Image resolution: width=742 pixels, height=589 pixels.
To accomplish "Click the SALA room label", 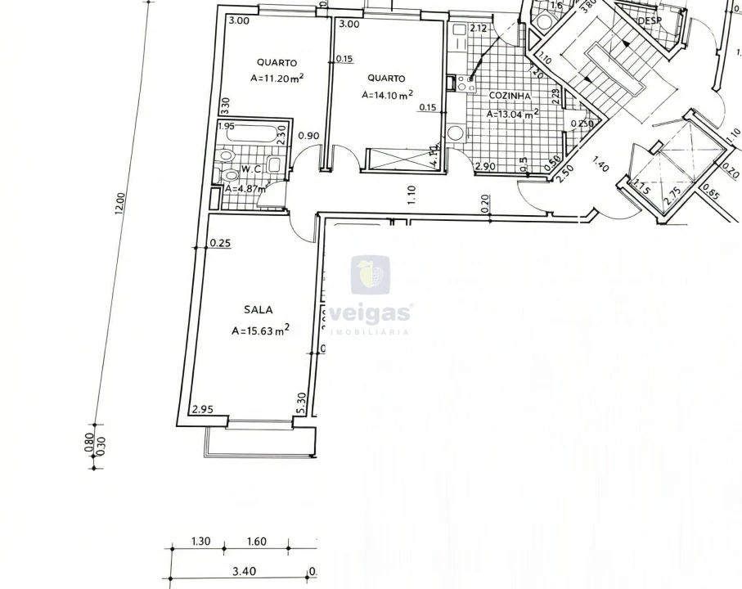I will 258,310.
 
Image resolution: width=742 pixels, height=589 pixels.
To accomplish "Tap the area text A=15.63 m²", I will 261,330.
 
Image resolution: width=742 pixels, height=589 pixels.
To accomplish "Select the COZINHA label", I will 509,96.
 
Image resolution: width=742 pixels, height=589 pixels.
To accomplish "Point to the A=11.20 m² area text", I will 277,79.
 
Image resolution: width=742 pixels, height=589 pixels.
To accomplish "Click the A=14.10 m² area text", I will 387,95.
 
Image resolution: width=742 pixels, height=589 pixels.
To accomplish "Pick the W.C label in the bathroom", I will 250,169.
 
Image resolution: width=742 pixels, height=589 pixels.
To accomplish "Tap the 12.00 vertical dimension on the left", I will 120,204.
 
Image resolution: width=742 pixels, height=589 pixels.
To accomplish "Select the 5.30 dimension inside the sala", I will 302,401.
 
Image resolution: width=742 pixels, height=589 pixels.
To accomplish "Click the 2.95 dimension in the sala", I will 201,409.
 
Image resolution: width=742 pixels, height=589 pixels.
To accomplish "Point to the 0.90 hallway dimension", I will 308,136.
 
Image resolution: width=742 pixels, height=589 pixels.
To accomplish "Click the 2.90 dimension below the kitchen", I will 485,167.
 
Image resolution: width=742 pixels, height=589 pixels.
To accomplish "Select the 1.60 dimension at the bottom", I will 256,542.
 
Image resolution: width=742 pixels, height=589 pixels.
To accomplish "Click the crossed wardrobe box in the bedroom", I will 400,159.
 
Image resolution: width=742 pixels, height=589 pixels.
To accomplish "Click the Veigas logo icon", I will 370,275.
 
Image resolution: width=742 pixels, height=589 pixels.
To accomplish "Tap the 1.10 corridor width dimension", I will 411,193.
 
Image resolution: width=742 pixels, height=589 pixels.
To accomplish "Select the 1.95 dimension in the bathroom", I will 226,126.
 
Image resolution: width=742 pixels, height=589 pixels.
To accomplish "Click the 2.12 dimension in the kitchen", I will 479,29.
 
